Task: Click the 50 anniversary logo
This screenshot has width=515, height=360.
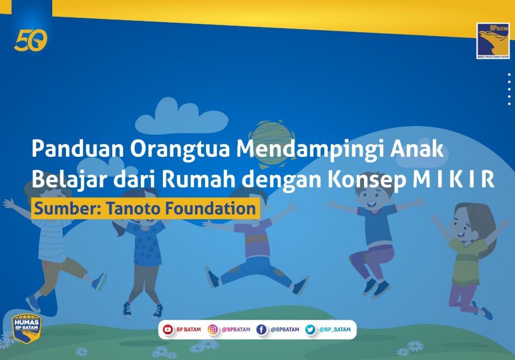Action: (x=31, y=40)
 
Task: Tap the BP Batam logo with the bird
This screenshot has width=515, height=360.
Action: (x=493, y=41)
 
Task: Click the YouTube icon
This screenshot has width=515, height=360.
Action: (x=168, y=329)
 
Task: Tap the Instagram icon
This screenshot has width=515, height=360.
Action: (x=213, y=329)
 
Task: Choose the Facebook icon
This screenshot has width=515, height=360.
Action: (x=262, y=329)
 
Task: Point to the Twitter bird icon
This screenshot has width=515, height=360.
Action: (x=310, y=329)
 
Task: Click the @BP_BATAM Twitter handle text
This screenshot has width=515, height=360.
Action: (x=334, y=329)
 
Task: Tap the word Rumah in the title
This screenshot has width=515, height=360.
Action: (x=198, y=179)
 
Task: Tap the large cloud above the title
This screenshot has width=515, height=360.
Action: (x=181, y=117)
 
